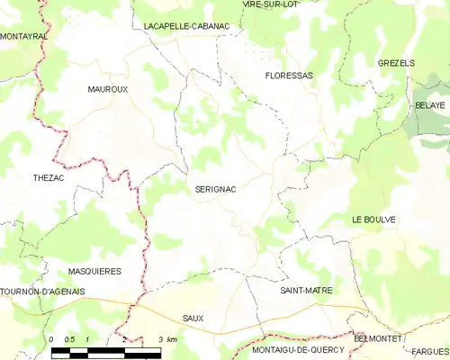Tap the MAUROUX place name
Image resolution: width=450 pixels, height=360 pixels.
coord(107,90)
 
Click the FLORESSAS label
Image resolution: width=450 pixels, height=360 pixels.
coord(289,76)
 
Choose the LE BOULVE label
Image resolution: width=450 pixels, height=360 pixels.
coord(374,220)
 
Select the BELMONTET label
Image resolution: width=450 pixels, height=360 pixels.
coord(379,337)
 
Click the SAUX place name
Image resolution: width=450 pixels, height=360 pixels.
coord(193,319)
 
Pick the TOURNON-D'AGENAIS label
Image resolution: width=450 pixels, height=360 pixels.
coord(42,291)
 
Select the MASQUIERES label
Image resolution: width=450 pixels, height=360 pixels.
coord(94,271)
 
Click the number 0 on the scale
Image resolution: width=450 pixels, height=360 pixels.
coord(52,339)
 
